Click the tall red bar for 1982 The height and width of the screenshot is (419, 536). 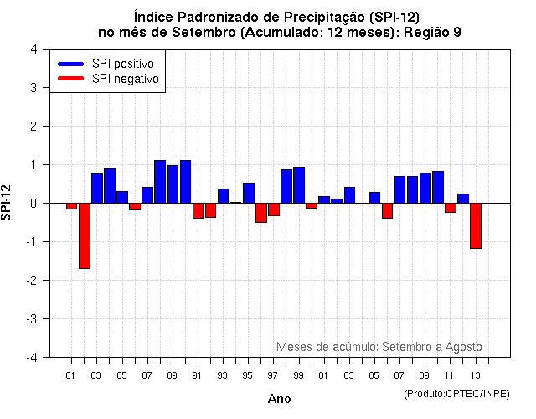click(85, 235)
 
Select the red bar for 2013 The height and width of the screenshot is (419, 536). click(476, 225)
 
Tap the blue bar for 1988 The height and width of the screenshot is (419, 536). click(160, 181)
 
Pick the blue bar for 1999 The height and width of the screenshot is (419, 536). click(299, 184)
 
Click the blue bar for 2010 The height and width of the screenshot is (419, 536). click(438, 187)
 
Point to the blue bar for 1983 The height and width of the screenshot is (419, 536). click(97, 188)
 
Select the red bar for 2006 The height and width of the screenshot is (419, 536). click(388, 210)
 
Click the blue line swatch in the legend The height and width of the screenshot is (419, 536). click(70, 64)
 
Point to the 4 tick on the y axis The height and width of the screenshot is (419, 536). click(33, 49)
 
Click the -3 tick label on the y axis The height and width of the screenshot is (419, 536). click(31, 319)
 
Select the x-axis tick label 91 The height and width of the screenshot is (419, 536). click(198, 375)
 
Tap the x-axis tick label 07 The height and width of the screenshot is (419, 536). click(399, 375)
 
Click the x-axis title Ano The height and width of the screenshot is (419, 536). click(280, 399)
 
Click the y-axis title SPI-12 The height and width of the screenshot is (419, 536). click(8, 203)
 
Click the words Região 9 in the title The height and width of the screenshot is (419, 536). click(432, 32)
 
